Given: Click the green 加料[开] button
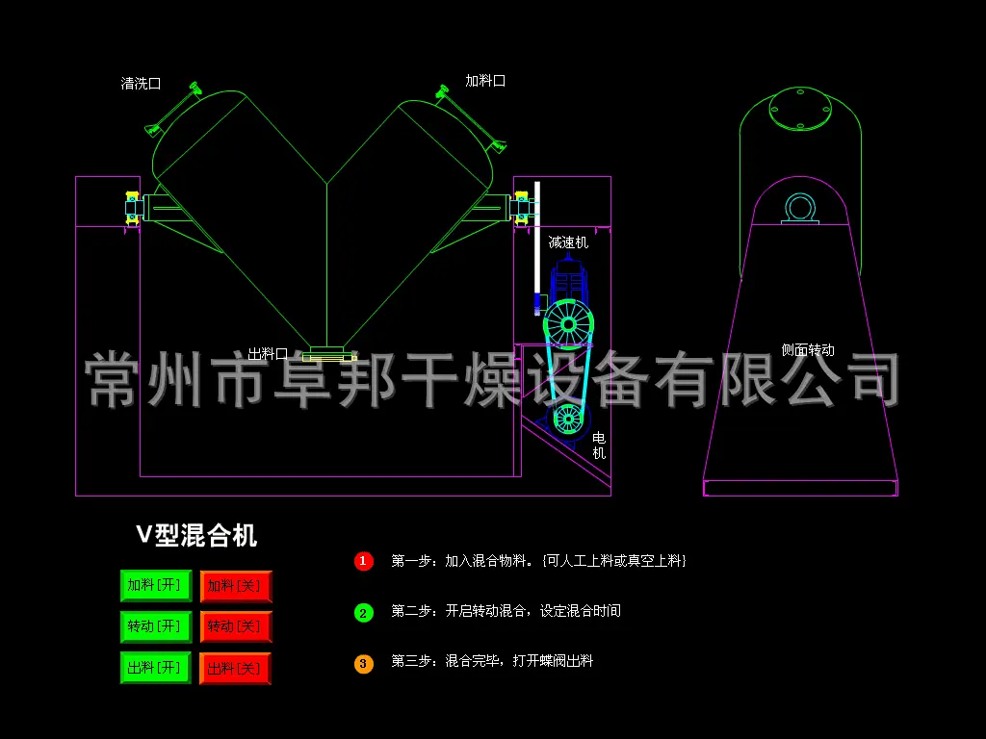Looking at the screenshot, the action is [x=156, y=586].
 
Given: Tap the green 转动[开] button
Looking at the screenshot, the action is [x=156, y=626].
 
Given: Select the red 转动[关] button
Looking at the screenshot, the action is [x=236, y=626].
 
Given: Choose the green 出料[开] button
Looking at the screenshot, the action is [x=156, y=668].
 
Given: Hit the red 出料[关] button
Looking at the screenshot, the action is [x=236, y=669].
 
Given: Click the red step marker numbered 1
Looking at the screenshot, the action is [x=363, y=561].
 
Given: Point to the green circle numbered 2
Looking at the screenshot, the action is [x=363, y=613].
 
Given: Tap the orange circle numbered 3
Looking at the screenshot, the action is [x=363, y=664].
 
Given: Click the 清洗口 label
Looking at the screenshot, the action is [x=141, y=84].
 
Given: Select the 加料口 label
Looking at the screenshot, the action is [x=485, y=81].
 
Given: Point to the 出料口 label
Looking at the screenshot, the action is [x=268, y=354].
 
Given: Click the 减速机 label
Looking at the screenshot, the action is [x=568, y=242].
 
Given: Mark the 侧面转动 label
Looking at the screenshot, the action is [x=808, y=350].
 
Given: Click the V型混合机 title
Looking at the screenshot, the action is [x=196, y=535].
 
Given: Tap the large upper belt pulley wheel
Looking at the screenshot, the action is [x=568, y=324].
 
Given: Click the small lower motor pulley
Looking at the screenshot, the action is [x=568, y=419].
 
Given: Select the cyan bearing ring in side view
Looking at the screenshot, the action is [x=800, y=208].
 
